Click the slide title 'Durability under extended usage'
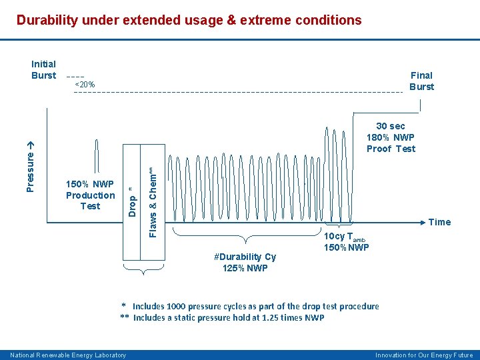(x=189, y=20)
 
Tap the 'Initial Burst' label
(x=44, y=70)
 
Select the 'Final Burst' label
(x=421, y=81)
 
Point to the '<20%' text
(x=85, y=85)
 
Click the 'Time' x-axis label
(x=439, y=222)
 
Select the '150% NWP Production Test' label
(x=90, y=195)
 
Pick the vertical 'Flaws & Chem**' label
(x=153, y=202)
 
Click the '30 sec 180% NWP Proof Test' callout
(x=391, y=137)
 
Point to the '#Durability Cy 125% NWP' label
(x=245, y=263)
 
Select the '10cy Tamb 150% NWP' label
(x=346, y=243)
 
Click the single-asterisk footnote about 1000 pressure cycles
(x=250, y=307)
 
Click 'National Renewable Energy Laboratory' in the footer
(x=68, y=355)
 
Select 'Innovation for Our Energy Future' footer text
(x=424, y=355)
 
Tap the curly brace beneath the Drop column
(x=142, y=269)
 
